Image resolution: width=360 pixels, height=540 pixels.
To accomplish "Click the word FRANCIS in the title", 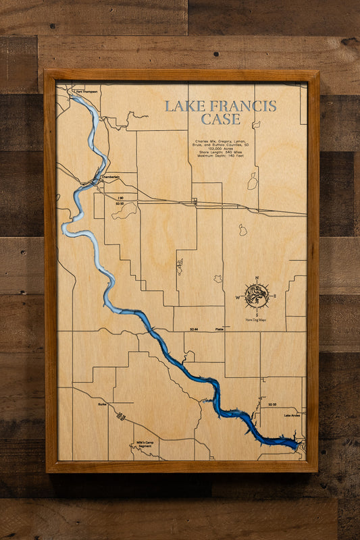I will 242,106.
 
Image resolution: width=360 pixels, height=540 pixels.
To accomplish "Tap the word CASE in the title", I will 220,119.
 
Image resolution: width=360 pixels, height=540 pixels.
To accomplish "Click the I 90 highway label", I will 120,197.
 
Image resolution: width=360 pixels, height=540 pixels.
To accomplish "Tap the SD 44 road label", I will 194,329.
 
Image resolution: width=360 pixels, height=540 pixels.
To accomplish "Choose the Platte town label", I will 218,329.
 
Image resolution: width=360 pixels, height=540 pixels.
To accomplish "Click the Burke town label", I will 102,404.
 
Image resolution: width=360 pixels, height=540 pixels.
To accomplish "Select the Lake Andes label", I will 292,415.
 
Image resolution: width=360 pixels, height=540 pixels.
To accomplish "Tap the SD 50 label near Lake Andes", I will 272,404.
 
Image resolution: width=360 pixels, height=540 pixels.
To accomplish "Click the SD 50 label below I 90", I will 120,203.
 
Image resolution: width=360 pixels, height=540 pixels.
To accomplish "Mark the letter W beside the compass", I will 238,296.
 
